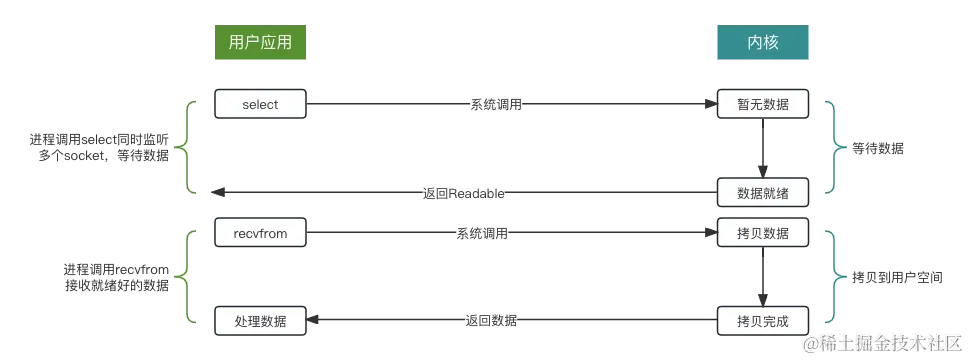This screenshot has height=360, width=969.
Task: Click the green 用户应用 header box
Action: click(x=259, y=44)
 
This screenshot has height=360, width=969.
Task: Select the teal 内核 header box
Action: click(x=763, y=44)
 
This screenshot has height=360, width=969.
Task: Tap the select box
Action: click(x=260, y=104)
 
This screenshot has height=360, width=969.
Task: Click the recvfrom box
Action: click(x=260, y=234)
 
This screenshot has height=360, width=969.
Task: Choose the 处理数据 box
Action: click(x=260, y=321)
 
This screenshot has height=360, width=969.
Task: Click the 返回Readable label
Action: click(x=462, y=192)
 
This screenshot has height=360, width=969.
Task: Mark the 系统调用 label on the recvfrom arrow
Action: click(x=484, y=234)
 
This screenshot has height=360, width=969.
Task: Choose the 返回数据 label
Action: click(x=491, y=321)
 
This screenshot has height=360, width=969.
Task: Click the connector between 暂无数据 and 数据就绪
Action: click(x=763, y=148)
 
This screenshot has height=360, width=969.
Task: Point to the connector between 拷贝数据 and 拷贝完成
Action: click(x=763, y=278)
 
